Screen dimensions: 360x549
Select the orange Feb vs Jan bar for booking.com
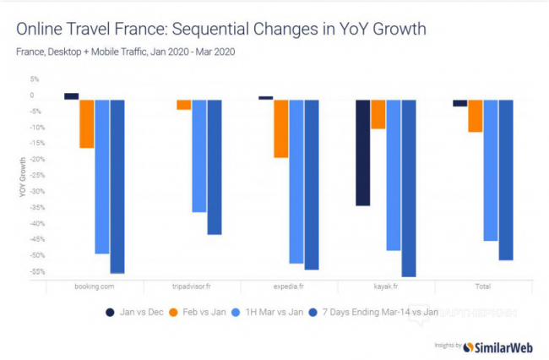(x=86, y=123)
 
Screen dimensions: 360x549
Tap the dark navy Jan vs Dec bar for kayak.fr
(x=362, y=152)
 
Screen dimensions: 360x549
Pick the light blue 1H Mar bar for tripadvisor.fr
(x=198, y=155)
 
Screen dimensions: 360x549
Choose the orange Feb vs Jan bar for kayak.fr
(x=378, y=114)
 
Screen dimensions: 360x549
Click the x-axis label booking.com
(x=94, y=287)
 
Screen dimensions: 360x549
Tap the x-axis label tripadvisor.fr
(x=192, y=287)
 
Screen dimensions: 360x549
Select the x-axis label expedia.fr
(x=289, y=287)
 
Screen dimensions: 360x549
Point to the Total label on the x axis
(x=482, y=287)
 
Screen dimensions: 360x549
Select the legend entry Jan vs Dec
(x=134, y=313)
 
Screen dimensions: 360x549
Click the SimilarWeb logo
(x=502, y=345)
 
